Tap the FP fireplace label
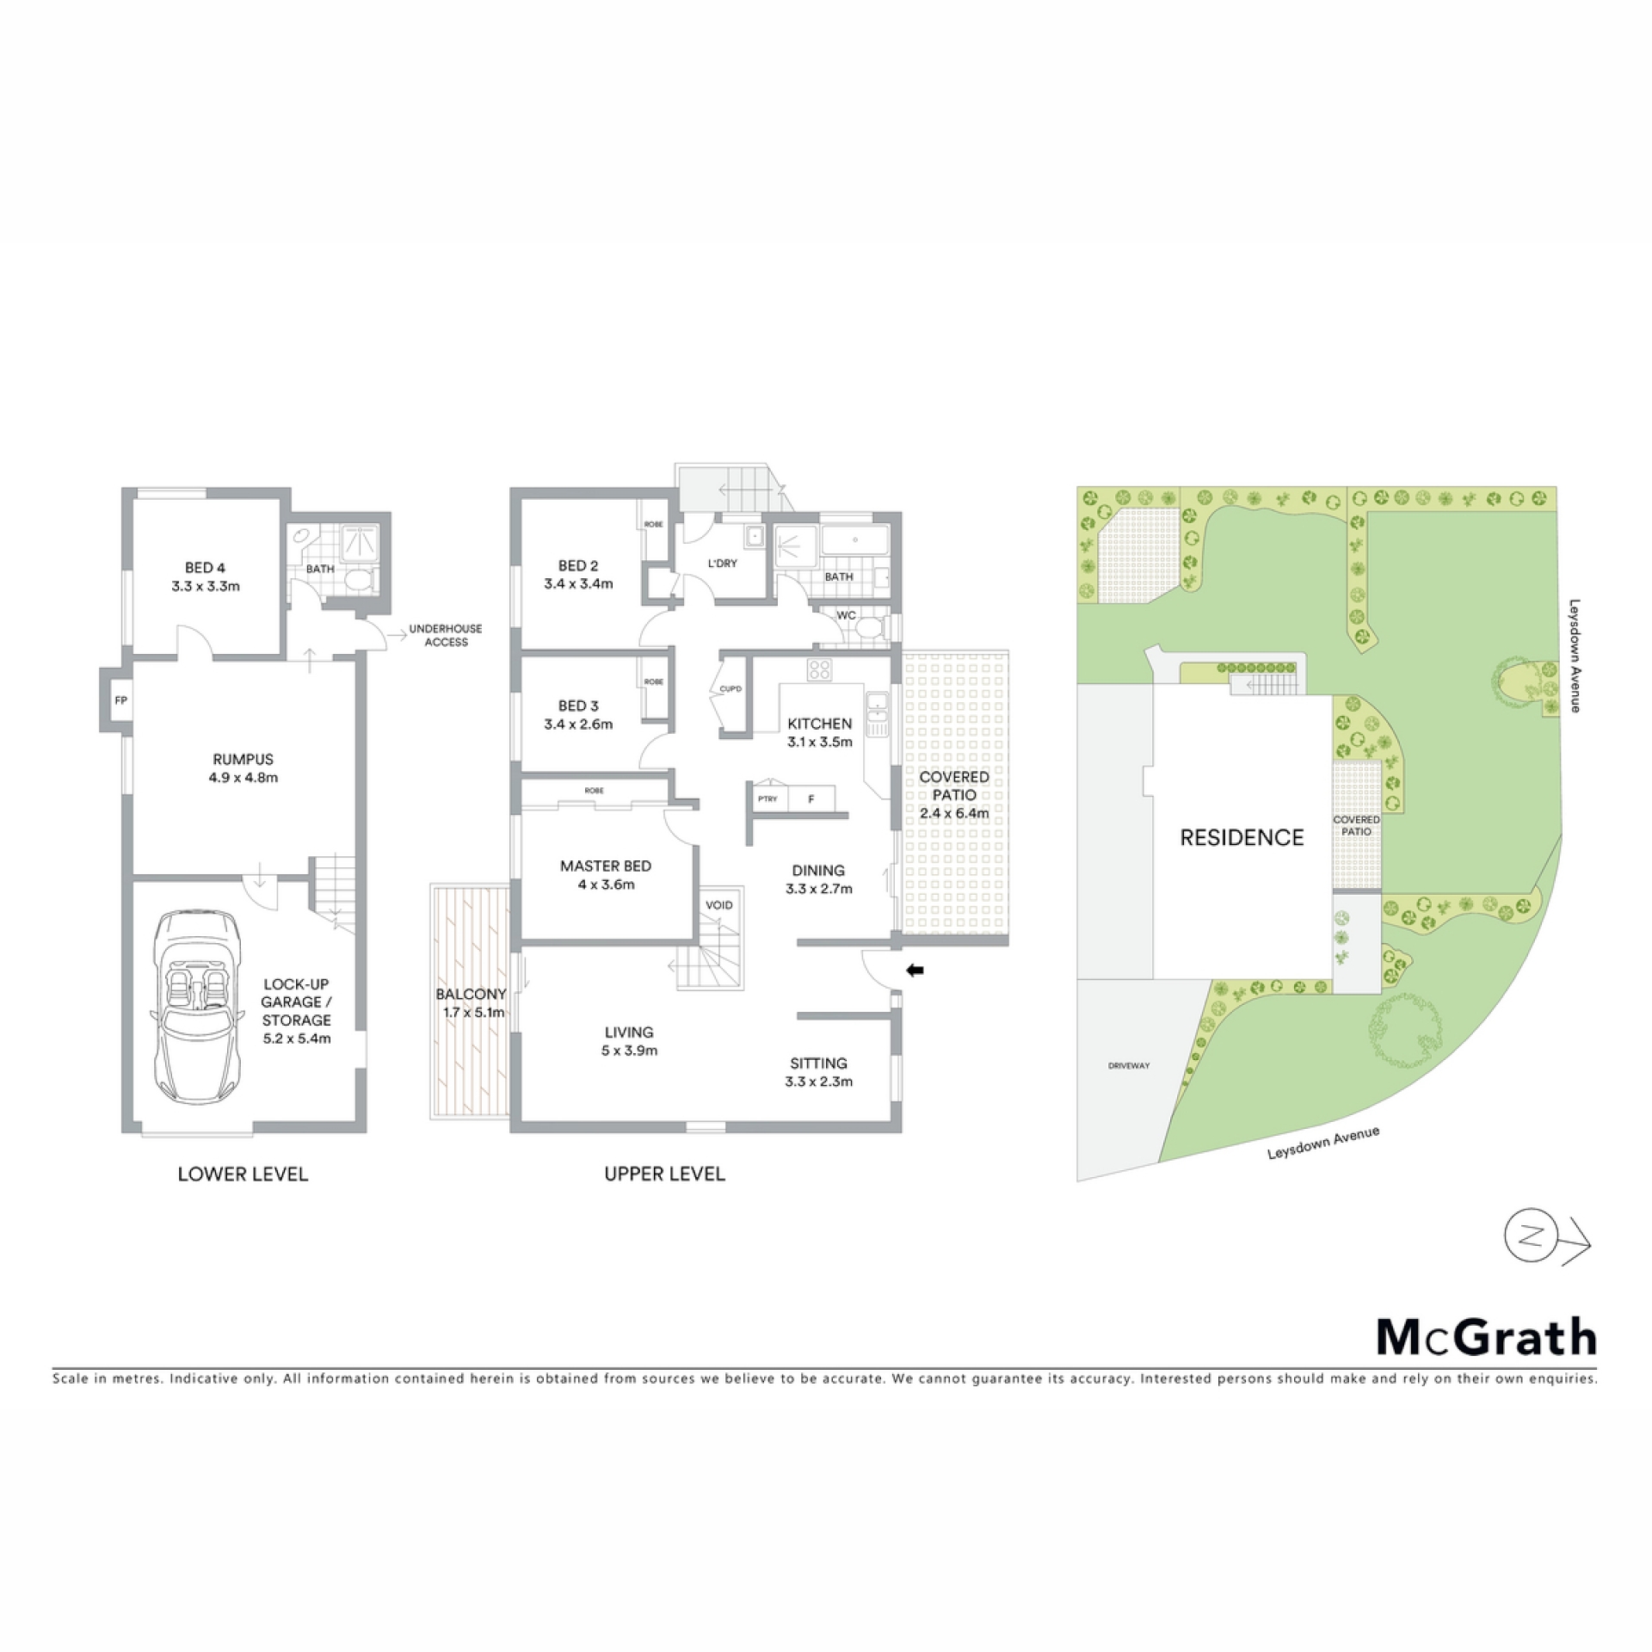tap(121, 700)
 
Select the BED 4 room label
tap(205, 567)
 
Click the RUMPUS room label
tap(243, 759)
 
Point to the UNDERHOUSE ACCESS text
tap(446, 635)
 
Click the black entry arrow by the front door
tap(915, 971)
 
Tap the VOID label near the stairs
tap(719, 904)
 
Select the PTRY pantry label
tap(767, 798)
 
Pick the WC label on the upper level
tap(846, 615)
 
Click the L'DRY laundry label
tap(723, 564)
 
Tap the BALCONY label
tap(471, 994)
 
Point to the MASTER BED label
tap(606, 866)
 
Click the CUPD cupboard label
tap(730, 689)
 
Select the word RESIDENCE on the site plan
tap(1242, 837)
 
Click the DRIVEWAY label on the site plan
tap(1129, 1065)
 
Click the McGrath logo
tap(1487, 1336)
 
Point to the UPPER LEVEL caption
tap(664, 1174)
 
